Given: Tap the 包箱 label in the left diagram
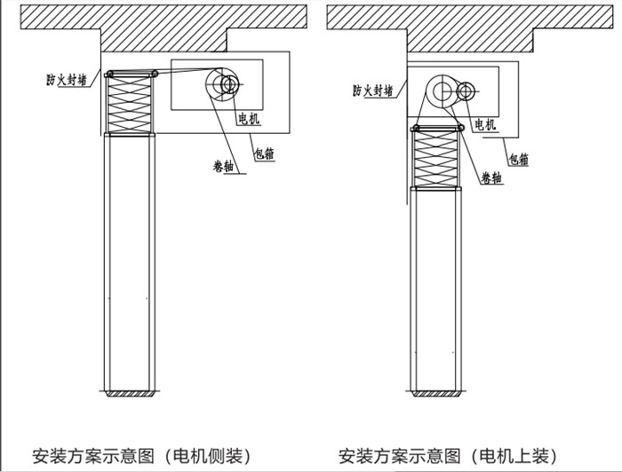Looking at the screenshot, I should click(262, 153).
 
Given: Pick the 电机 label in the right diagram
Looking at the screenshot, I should click(485, 123).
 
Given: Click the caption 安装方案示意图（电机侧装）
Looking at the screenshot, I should click(134, 456).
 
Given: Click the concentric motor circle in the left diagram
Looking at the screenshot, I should click(226, 84).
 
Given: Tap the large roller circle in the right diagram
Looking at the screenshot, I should click(441, 90).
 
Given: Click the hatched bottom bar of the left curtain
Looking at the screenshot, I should click(132, 392).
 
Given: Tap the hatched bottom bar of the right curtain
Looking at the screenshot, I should click(439, 391).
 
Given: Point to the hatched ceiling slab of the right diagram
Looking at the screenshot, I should click(471, 20).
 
